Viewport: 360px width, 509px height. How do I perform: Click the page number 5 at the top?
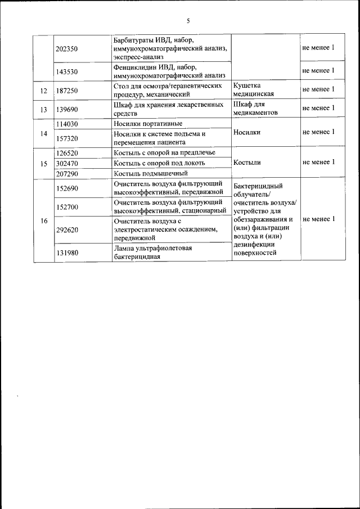(x=188, y=21)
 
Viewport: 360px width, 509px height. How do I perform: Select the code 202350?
(x=67, y=48)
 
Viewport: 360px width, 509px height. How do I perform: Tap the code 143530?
(x=67, y=71)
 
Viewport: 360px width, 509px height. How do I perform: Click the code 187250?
(x=67, y=90)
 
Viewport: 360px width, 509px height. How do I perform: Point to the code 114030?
(x=67, y=124)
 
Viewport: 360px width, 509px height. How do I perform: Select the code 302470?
(x=67, y=163)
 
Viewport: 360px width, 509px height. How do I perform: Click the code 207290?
(x=67, y=173)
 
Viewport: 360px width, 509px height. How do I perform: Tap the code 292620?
(x=67, y=229)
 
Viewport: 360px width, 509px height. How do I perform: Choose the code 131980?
(x=67, y=253)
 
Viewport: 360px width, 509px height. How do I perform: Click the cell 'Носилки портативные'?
(x=148, y=124)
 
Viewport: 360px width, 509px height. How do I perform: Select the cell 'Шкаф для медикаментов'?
(x=255, y=109)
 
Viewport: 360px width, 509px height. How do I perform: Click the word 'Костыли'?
(x=245, y=163)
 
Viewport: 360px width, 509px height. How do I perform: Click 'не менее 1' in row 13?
(x=318, y=108)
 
